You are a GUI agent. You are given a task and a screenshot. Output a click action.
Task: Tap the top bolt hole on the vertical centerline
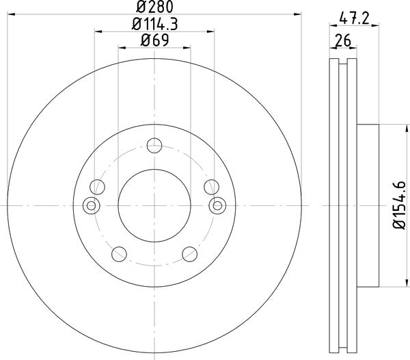[154, 144]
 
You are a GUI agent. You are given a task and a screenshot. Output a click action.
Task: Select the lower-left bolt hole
[119, 254]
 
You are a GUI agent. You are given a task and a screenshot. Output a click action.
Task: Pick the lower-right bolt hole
[190, 254]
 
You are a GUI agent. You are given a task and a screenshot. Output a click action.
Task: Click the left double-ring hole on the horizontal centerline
[90, 205]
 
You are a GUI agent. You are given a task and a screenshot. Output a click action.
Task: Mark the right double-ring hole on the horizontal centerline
[219, 205]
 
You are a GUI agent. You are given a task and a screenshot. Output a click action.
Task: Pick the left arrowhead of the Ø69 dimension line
[122, 47]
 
